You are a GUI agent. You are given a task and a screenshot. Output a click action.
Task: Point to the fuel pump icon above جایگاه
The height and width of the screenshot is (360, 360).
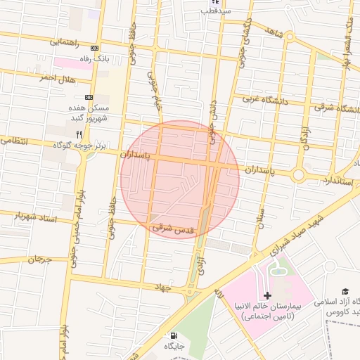(174, 336)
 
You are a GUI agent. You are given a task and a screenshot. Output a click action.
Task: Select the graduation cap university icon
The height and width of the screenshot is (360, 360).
(345, 291)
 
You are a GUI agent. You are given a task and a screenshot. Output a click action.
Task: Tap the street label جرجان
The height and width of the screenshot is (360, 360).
(40, 259)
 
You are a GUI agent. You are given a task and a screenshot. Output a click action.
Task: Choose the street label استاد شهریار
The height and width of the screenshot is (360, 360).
(39, 219)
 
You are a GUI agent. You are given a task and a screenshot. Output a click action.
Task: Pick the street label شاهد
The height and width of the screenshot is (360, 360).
(274, 32)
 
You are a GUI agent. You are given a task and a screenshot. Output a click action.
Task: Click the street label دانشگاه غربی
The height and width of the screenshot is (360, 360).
(257, 99)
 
